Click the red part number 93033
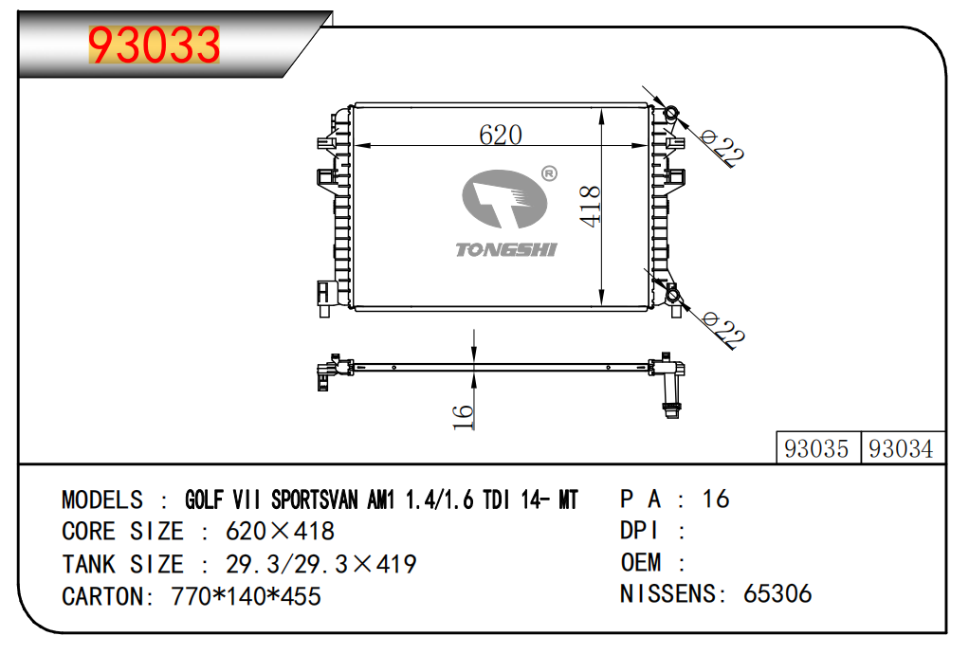154,45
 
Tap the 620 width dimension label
500,135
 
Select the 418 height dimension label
590,205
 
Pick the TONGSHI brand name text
506,249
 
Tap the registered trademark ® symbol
548,173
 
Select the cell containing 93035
817,448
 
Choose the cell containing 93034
901,448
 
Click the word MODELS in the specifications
102,500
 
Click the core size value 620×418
280,532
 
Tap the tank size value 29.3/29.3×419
320,564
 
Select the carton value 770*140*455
246,596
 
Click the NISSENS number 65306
777,594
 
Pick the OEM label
642,562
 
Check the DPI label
640,531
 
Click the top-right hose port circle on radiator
671,114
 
